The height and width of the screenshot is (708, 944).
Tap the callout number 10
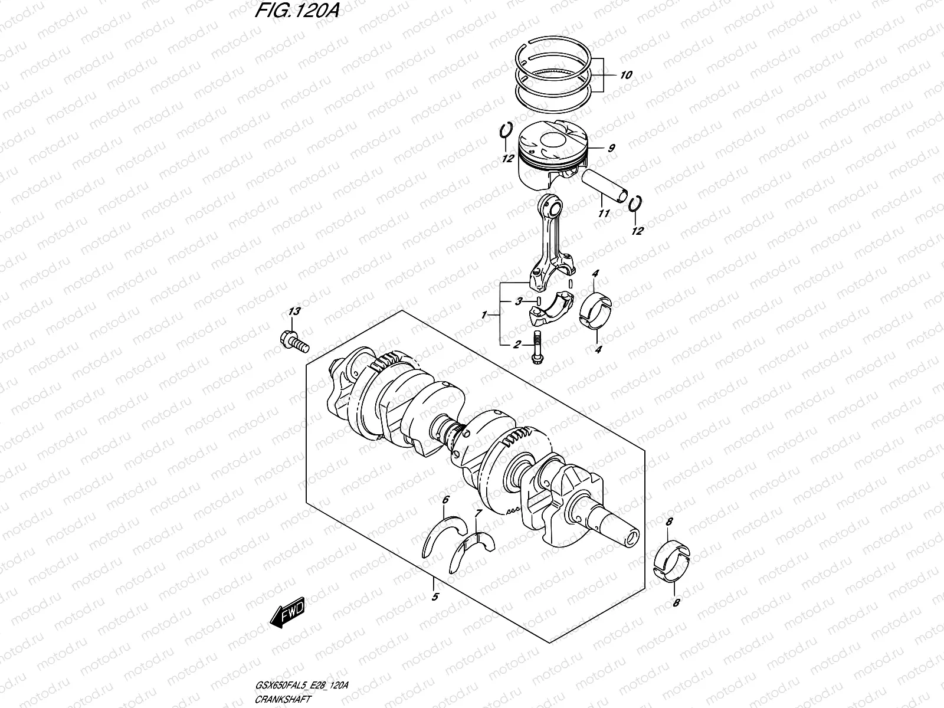(626, 75)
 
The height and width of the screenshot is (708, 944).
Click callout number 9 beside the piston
(611, 148)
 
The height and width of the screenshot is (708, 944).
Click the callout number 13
(294, 311)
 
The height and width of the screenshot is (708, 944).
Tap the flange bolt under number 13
(292, 341)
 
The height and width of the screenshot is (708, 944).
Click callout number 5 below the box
(435, 596)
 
